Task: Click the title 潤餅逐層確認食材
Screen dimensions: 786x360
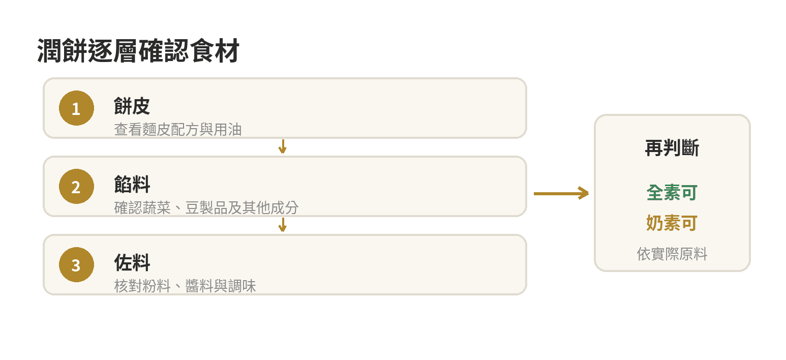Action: [x=138, y=51]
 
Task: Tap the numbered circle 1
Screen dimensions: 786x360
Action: [x=76, y=108]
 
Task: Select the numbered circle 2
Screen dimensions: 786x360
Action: [x=76, y=186]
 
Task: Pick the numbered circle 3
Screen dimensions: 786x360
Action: [x=76, y=264]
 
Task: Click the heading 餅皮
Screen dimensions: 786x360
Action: [x=132, y=106]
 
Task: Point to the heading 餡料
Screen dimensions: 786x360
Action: [x=132, y=184]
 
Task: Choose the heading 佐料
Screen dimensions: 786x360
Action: [x=132, y=262]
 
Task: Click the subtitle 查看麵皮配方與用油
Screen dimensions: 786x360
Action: [x=178, y=130]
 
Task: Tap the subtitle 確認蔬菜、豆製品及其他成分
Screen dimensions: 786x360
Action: [x=206, y=208]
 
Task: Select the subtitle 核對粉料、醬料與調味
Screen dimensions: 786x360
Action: [x=185, y=286]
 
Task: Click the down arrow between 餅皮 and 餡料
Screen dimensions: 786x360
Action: [x=283, y=146]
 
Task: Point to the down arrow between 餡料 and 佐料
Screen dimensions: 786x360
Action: [x=283, y=225]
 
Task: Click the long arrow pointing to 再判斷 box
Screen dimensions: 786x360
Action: [x=561, y=193]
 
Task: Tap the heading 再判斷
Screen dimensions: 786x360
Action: [x=672, y=148]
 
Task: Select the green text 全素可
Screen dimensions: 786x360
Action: [x=672, y=193]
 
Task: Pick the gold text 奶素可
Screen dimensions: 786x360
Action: [x=672, y=223]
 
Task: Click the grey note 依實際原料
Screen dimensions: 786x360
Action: [x=672, y=254]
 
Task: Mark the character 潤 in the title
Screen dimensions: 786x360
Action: [x=49, y=51]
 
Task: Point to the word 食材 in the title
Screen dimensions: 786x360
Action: [x=215, y=51]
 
